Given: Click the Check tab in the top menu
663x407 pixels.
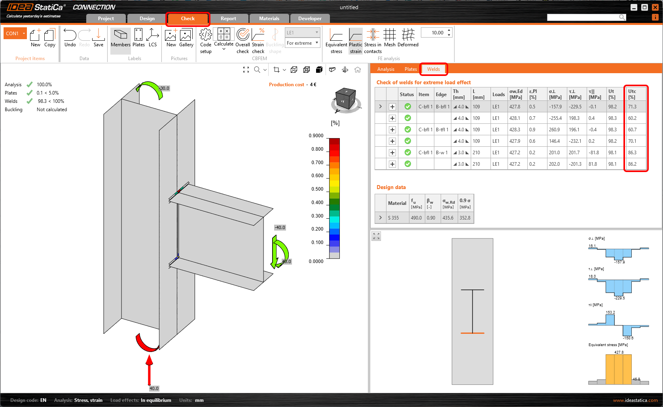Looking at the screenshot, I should click(188, 19).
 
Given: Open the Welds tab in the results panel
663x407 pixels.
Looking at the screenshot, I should click(433, 69).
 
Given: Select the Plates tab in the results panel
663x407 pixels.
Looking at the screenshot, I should click(410, 69).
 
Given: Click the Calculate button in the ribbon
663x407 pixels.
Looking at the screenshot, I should click(224, 38).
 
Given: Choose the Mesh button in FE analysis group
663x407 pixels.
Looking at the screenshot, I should click(390, 38).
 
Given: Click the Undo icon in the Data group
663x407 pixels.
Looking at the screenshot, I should click(70, 38).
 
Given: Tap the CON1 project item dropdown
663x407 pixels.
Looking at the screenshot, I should click(15, 34).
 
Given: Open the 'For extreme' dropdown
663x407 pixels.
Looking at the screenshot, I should click(302, 43).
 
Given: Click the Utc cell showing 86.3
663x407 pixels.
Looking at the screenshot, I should click(632, 153).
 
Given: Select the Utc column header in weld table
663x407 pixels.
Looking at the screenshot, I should click(632, 94).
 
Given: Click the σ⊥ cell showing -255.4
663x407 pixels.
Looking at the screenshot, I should click(555, 118).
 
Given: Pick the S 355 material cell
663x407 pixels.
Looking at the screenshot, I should click(393, 218).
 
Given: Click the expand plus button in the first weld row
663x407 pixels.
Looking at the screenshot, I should click(392, 107).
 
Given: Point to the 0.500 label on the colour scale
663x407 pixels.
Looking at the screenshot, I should click(317, 189).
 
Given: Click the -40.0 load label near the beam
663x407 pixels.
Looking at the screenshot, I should click(280, 227).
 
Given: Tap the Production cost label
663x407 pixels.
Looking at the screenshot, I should click(286, 85).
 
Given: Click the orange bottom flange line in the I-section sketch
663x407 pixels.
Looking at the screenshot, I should click(472, 333).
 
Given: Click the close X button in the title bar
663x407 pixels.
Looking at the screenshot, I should click(655, 7).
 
